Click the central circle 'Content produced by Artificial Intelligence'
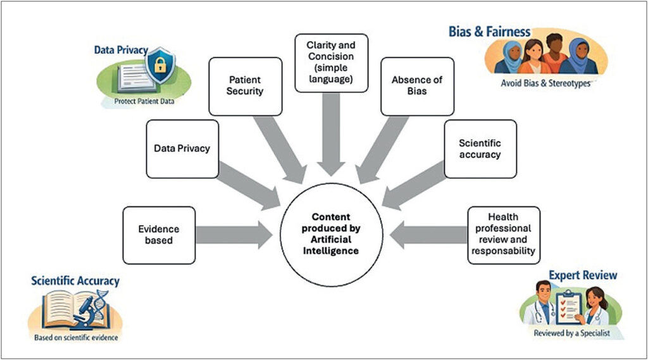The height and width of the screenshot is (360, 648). (331, 234)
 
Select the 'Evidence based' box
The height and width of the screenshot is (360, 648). (159, 235)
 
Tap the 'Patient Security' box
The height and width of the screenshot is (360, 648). (245, 86)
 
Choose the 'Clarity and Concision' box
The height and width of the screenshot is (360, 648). (331, 63)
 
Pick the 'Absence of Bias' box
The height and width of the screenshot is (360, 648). (417, 86)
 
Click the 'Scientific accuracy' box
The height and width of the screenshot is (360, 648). (480, 149)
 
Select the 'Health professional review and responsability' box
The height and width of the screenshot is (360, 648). (503, 235)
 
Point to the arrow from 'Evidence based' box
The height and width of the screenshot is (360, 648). (234, 235)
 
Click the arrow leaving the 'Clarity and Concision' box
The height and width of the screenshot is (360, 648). (331, 134)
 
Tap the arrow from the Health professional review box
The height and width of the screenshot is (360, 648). (428, 235)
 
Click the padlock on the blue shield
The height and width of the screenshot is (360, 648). (160, 65)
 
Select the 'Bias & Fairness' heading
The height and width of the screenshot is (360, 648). (489, 32)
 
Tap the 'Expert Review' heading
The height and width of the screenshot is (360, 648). (583, 275)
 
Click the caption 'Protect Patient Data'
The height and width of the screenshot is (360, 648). (144, 101)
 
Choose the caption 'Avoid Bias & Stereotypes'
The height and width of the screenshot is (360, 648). (545, 83)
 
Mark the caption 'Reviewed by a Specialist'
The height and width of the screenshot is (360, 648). (571, 333)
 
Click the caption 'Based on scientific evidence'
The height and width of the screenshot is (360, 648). (76, 338)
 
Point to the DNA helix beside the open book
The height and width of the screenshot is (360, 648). (102, 304)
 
